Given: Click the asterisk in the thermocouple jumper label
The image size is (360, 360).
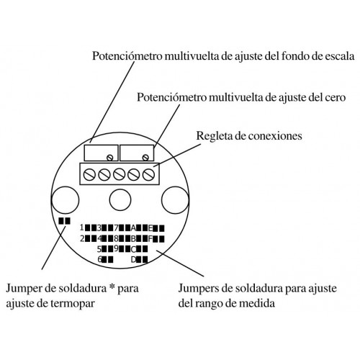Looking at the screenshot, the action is click(111, 287).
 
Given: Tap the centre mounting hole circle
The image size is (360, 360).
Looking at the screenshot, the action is click(120, 200).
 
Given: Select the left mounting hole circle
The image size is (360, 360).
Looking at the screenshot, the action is click(66, 200).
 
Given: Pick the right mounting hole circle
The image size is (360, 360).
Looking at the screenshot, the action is click(175, 200).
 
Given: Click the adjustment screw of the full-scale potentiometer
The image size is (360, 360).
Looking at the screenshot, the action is click(110, 158).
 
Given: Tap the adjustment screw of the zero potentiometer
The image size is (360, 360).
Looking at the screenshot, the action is click(145, 158).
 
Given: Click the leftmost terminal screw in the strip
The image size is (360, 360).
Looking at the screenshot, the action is click(89, 174).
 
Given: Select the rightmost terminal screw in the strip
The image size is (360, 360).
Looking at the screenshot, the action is click(148, 174).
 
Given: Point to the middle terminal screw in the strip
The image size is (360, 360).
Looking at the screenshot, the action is click(119, 174).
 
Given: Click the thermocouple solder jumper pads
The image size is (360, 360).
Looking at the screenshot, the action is click(65, 221).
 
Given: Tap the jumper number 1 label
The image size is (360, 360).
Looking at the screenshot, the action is click(82, 228).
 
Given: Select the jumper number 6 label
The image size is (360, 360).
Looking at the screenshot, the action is click(100, 259).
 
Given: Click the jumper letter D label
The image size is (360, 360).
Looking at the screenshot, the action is click(133, 260).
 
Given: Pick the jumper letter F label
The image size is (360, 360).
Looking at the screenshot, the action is click(150, 239).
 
